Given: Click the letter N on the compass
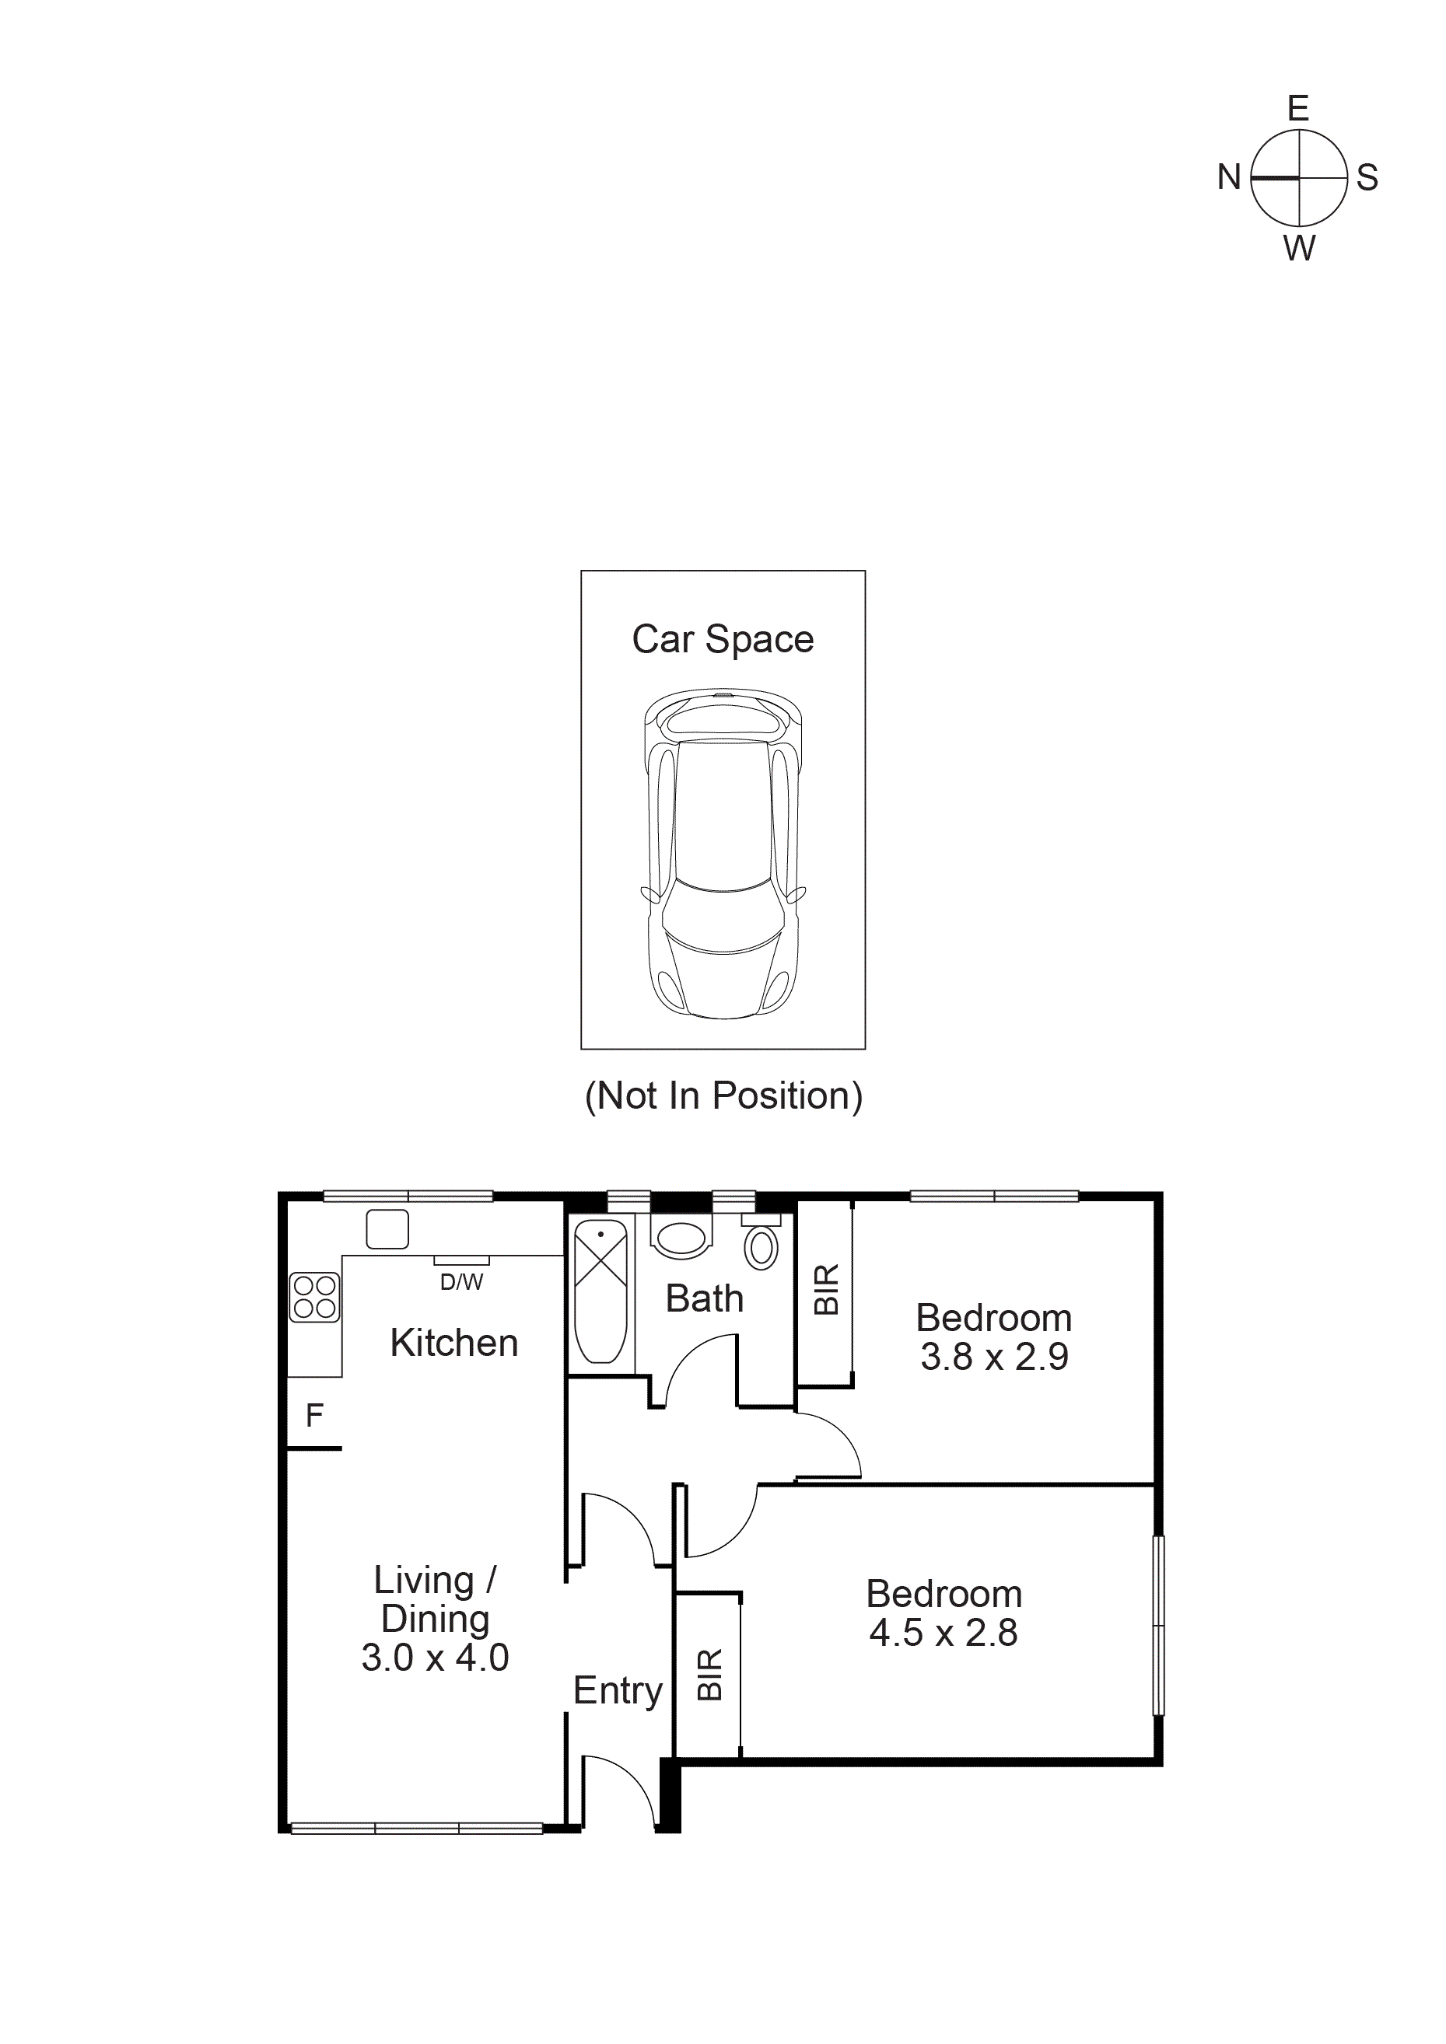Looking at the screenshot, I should tap(1229, 177).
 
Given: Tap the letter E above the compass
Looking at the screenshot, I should tap(1298, 109).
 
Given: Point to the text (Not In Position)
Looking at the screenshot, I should tap(723, 1096).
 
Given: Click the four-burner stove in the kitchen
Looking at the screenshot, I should tap(314, 1297).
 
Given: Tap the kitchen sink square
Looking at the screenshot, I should tap(387, 1229).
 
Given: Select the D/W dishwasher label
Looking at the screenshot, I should tap(461, 1283).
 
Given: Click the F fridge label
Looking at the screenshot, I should tap(314, 1416).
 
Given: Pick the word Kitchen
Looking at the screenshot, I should tap(454, 1343).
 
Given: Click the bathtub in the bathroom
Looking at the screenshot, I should tap(601, 1293).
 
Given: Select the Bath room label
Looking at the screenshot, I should tap(704, 1299).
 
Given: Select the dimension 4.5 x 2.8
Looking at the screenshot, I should tap(943, 1633).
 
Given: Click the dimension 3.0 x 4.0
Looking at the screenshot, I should tap(435, 1658).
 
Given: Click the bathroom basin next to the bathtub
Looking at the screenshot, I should tap(681, 1239).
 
